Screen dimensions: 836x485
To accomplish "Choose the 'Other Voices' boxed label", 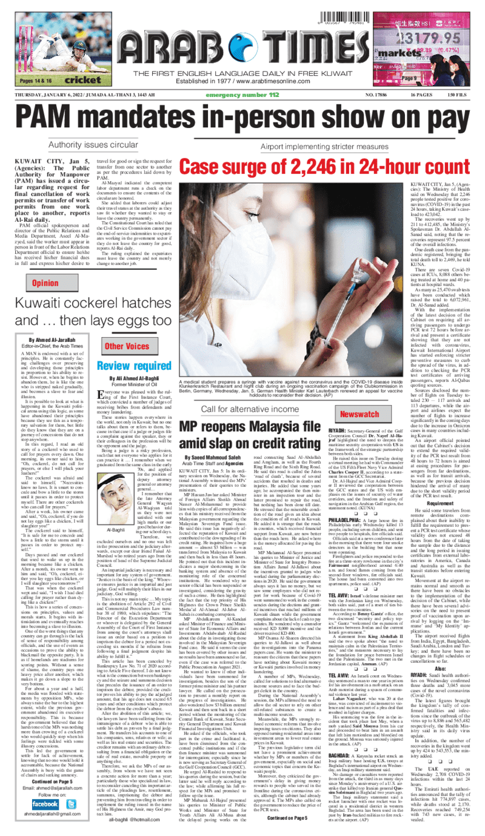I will click(127, 347).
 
